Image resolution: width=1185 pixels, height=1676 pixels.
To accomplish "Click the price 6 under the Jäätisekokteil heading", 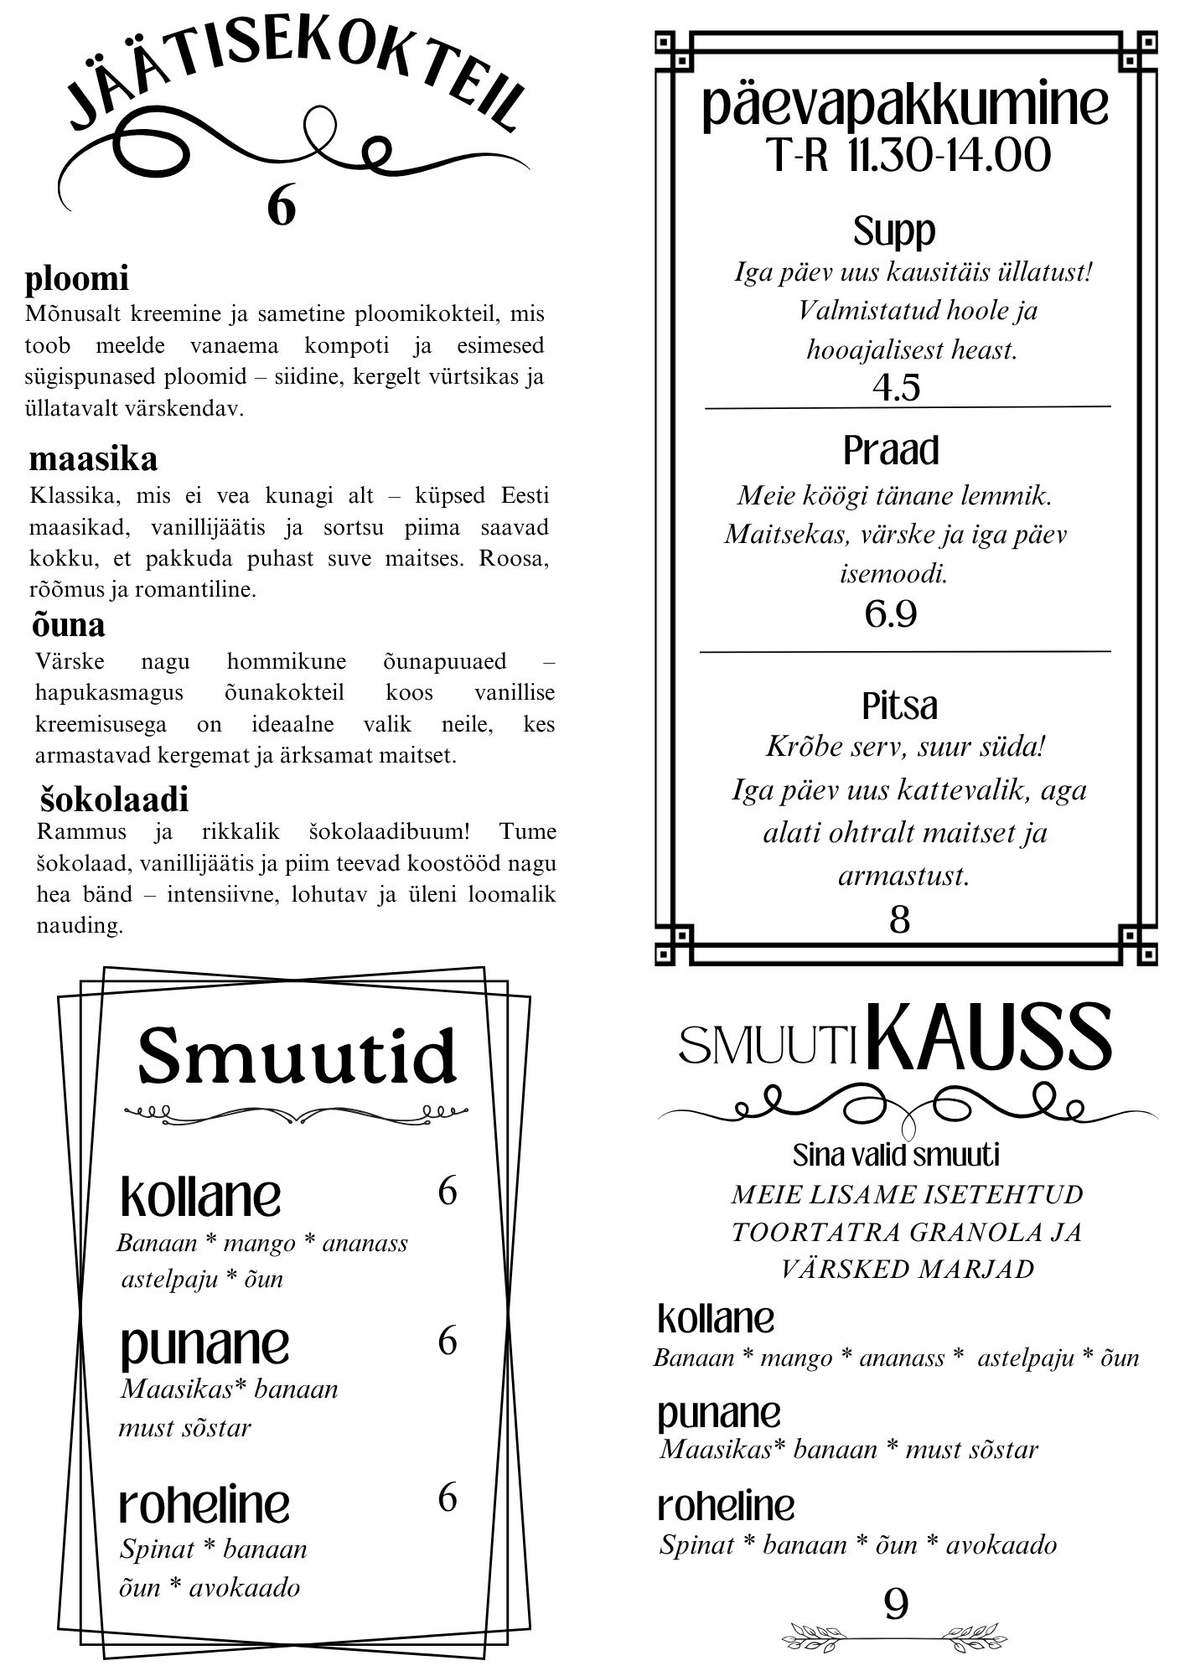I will pyautogui.click(x=282, y=205).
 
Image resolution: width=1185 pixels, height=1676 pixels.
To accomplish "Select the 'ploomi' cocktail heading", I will pyautogui.click(x=76, y=279).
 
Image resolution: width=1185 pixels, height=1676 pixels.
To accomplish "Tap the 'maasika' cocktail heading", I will pyautogui.click(x=93, y=459).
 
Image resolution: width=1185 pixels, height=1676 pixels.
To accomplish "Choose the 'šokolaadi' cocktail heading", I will pyautogui.click(x=114, y=799).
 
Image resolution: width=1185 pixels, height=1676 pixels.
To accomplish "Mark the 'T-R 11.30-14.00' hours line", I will pyautogui.click(x=908, y=156).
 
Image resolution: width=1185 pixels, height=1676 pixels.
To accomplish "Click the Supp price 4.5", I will pyautogui.click(x=896, y=387).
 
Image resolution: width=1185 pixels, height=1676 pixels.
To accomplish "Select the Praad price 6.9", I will pyautogui.click(x=891, y=614).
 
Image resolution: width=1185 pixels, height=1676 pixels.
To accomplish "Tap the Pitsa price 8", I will pyautogui.click(x=899, y=919).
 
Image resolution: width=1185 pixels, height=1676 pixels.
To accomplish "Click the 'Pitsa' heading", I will pyautogui.click(x=899, y=706).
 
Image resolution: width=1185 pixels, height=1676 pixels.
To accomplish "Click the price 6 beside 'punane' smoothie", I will pyautogui.click(x=448, y=1341).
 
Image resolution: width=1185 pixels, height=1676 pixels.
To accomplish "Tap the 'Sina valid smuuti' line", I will pyautogui.click(x=896, y=1156).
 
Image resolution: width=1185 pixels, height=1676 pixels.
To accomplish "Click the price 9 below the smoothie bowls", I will pyautogui.click(x=896, y=1606).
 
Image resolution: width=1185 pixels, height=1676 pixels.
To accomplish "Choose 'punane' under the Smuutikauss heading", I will pyautogui.click(x=718, y=1414).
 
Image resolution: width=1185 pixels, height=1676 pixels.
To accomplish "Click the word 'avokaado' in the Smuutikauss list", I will pyautogui.click(x=1001, y=1544).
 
